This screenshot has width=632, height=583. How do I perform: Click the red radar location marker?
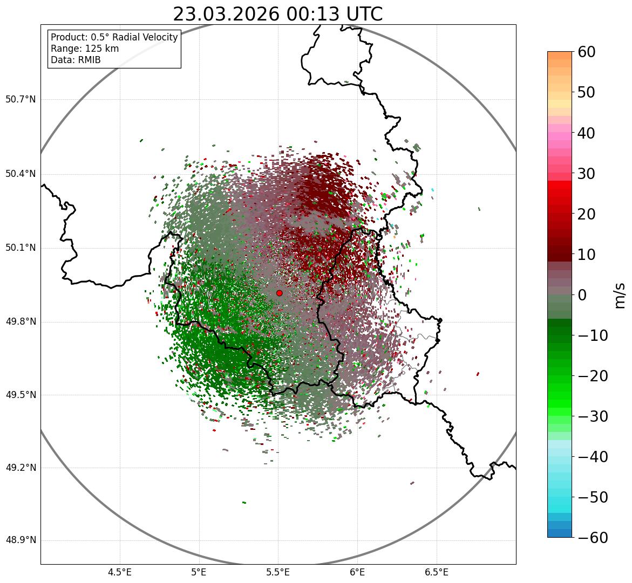(279, 293)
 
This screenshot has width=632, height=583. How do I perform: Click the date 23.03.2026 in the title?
(226, 14)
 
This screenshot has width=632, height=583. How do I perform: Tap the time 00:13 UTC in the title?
(334, 14)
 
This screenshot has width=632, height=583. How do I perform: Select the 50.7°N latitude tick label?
(21, 100)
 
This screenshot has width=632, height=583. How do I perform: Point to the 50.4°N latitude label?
(21, 174)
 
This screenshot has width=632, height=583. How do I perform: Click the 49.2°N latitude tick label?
(21, 468)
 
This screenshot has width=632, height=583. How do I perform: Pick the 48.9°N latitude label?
(21, 540)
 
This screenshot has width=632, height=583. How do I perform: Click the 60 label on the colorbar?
(586, 52)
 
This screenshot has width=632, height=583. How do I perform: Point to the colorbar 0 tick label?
(582, 295)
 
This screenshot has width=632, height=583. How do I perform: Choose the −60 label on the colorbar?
(593, 538)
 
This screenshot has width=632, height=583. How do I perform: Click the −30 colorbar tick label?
(593, 416)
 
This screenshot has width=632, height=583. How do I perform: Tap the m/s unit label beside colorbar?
(621, 295)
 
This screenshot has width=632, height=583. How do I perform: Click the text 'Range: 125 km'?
(85, 49)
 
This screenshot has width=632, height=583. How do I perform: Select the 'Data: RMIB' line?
(76, 60)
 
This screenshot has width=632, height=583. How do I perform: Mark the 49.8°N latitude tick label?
(21, 322)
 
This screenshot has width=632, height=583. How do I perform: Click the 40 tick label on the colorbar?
(586, 133)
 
